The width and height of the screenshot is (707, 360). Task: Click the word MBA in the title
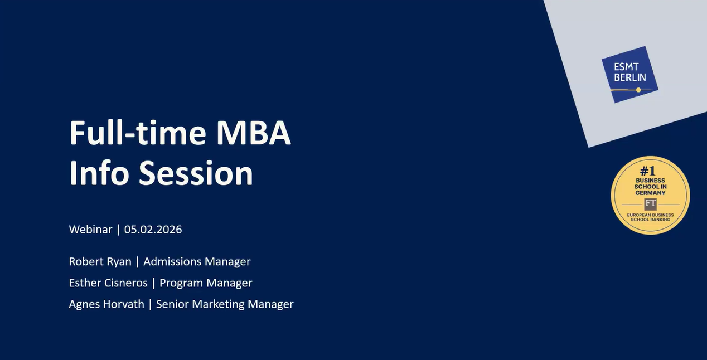click(253, 133)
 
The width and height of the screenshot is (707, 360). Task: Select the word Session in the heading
click(196, 173)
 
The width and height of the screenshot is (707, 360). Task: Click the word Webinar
click(90, 230)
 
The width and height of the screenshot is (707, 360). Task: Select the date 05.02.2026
click(153, 230)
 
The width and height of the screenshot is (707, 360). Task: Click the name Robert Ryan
click(100, 262)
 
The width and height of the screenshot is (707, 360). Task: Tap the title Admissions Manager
click(197, 262)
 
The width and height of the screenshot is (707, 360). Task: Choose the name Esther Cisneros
click(108, 283)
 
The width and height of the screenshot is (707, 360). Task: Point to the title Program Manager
click(206, 283)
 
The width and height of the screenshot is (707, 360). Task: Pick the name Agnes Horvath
click(106, 304)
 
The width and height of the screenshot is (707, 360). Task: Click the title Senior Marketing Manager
click(225, 304)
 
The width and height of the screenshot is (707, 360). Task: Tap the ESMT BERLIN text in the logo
click(630, 72)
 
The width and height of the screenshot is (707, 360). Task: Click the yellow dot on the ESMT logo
click(638, 90)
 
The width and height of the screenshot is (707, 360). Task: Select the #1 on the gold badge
click(648, 171)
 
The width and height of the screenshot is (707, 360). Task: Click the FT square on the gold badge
click(651, 204)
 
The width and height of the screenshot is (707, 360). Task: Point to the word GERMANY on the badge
click(650, 193)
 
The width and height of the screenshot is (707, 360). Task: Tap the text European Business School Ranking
click(650, 217)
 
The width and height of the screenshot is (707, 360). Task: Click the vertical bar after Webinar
click(118, 230)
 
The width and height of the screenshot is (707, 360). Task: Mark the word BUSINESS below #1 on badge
click(650, 181)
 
